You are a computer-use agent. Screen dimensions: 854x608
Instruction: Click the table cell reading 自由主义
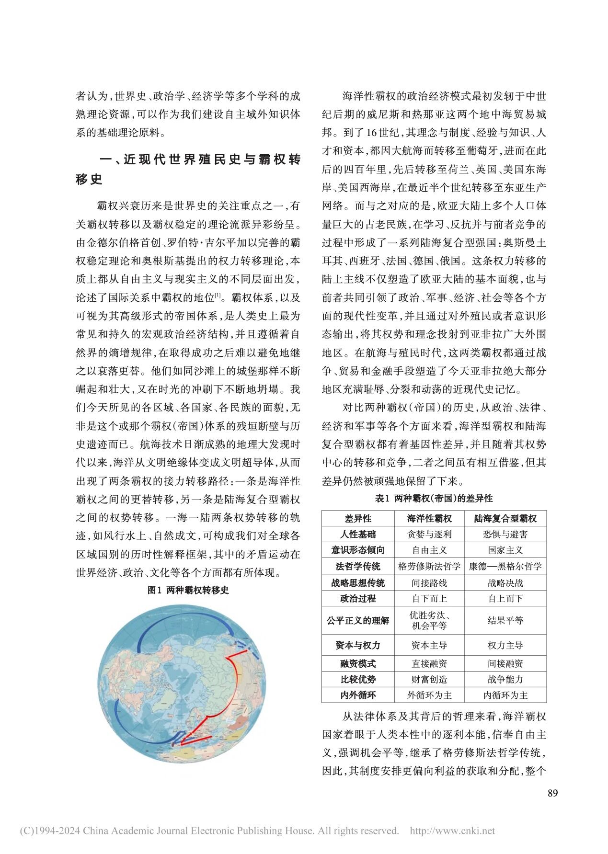pos(429,550)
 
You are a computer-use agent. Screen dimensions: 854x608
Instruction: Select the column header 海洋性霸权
pos(429,518)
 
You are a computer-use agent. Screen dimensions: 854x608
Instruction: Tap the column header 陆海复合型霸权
pos(505,518)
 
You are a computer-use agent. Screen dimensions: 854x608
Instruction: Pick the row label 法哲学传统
pos(357,567)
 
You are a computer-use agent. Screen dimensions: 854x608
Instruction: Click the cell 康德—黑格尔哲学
pos(505,567)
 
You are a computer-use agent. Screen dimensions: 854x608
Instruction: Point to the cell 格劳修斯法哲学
pos(429,567)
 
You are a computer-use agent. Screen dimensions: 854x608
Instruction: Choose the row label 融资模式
pos(357,663)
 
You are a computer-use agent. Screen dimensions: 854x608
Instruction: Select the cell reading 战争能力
pos(505,679)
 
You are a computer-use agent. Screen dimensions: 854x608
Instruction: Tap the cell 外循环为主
pos(429,695)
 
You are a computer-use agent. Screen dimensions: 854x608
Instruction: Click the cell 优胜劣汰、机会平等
pos(429,621)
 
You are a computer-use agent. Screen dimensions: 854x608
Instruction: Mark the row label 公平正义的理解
pos(357,621)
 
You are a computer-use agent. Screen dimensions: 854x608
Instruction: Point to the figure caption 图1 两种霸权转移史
pos(188,591)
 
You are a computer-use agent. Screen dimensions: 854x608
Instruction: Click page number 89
pos(552,793)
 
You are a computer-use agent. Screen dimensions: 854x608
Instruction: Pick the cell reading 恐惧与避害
pos(505,535)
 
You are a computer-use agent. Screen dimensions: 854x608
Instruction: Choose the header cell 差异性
pos(357,518)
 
